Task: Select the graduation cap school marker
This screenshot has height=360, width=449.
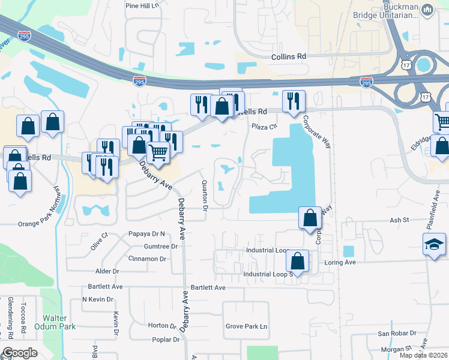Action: click(434, 245)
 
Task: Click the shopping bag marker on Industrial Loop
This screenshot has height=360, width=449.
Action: click(298, 261)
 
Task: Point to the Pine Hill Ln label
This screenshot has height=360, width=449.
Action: click(142, 5)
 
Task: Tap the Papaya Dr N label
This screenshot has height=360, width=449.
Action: click(146, 233)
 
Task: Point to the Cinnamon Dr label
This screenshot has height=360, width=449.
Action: click(147, 259)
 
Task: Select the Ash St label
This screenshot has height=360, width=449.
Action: click(399, 220)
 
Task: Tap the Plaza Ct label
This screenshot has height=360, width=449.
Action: click(264, 127)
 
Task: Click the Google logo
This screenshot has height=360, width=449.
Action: click(20, 353)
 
